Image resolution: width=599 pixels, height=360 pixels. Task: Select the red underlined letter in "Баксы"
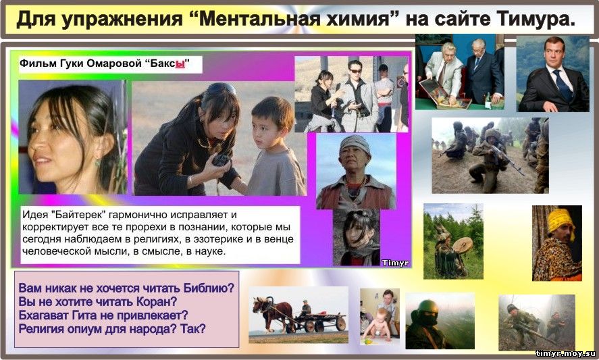pyautogui.click(x=180, y=63)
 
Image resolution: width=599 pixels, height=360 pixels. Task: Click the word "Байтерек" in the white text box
pyautogui.click(x=80, y=215)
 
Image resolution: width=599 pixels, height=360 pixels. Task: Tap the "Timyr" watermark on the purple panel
pyautogui.click(x=395, y=263)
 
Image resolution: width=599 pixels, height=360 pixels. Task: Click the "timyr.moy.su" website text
pyautogui.click(x=565, y=353)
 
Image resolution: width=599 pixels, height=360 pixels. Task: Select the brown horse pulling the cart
pyautogui.click(x=272, y=313)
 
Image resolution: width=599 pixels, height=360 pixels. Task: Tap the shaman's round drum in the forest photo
pyautogui.click(x=462, y=245)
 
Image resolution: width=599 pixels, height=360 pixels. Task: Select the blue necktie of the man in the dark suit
pyautogui.click(x=563, y=85)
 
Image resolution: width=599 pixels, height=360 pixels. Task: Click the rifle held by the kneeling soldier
pyautogui.click(x=506, y=158)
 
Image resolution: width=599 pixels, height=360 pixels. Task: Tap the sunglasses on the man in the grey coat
pyautogui.click(x=355, y=71)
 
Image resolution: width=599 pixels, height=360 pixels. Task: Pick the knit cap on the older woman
pyautogui.click(x=355, y=144)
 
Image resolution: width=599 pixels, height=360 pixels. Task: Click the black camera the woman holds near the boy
pyautogui.click(x=221, y=160)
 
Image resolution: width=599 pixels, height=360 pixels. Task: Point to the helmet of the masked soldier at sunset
pyautogui.click(x=427, y=307)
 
